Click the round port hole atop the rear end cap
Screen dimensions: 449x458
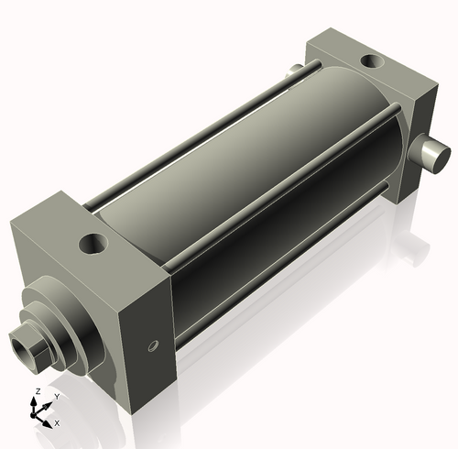[x=371, y=61]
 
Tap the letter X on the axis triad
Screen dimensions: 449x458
[x=57, y=423]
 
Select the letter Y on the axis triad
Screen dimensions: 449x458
[x=57, y=396]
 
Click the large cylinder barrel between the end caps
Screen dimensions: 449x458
[x=247, y=174]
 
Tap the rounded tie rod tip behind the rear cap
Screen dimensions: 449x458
[x=294, y=71]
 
